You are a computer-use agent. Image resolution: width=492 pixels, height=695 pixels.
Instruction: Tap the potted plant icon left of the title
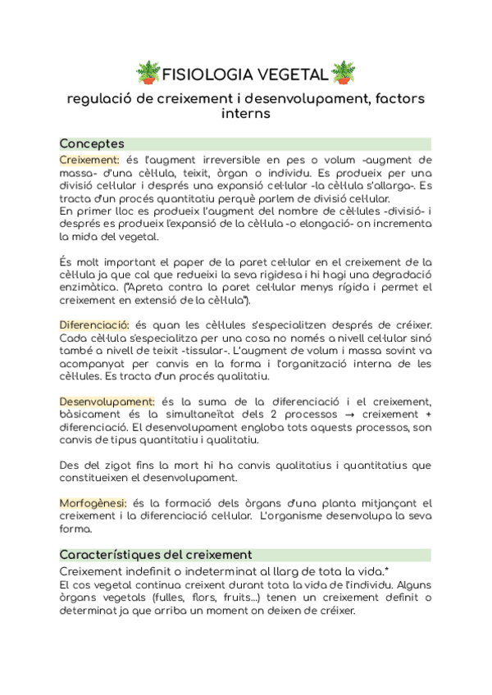[x=148, y=71]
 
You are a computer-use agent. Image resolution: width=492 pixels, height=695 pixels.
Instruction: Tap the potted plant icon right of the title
[x=344, y=71]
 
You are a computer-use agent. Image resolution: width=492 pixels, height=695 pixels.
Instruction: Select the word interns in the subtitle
[x=246, y=114]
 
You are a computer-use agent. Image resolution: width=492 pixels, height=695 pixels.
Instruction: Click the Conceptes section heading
[x=92, y=143]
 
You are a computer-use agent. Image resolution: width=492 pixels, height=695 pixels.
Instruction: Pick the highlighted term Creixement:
[x=89, y=159]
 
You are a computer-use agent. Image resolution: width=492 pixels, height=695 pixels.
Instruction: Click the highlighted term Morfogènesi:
[x=93, y=502]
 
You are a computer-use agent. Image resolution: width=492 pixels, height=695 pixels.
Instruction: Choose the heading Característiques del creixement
[x=156, y=555]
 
